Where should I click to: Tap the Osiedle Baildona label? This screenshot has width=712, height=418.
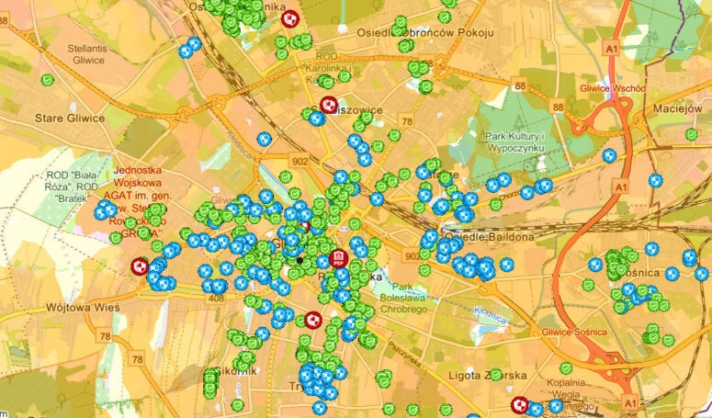pos(488,237)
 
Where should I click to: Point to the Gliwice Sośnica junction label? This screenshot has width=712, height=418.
pos(577,331)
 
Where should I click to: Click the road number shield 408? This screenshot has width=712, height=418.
pos(218,299)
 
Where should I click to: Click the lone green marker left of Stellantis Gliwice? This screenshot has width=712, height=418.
pos(46,80)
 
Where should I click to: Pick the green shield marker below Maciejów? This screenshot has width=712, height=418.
pos(691,134)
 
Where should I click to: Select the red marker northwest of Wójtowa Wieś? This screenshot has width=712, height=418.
pos(140,266)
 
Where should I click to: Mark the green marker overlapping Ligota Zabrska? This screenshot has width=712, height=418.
pos(495,375)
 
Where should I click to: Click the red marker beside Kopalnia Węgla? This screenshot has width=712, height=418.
pos(520,404)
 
